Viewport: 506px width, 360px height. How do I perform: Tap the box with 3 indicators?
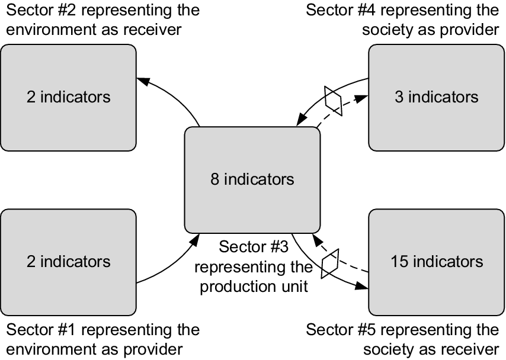coord(437,97)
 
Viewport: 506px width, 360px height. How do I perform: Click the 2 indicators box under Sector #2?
coord(69,97)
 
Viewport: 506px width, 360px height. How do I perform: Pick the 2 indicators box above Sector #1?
coord(69,261)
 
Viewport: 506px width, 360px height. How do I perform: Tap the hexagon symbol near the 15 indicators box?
coord(330,264)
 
